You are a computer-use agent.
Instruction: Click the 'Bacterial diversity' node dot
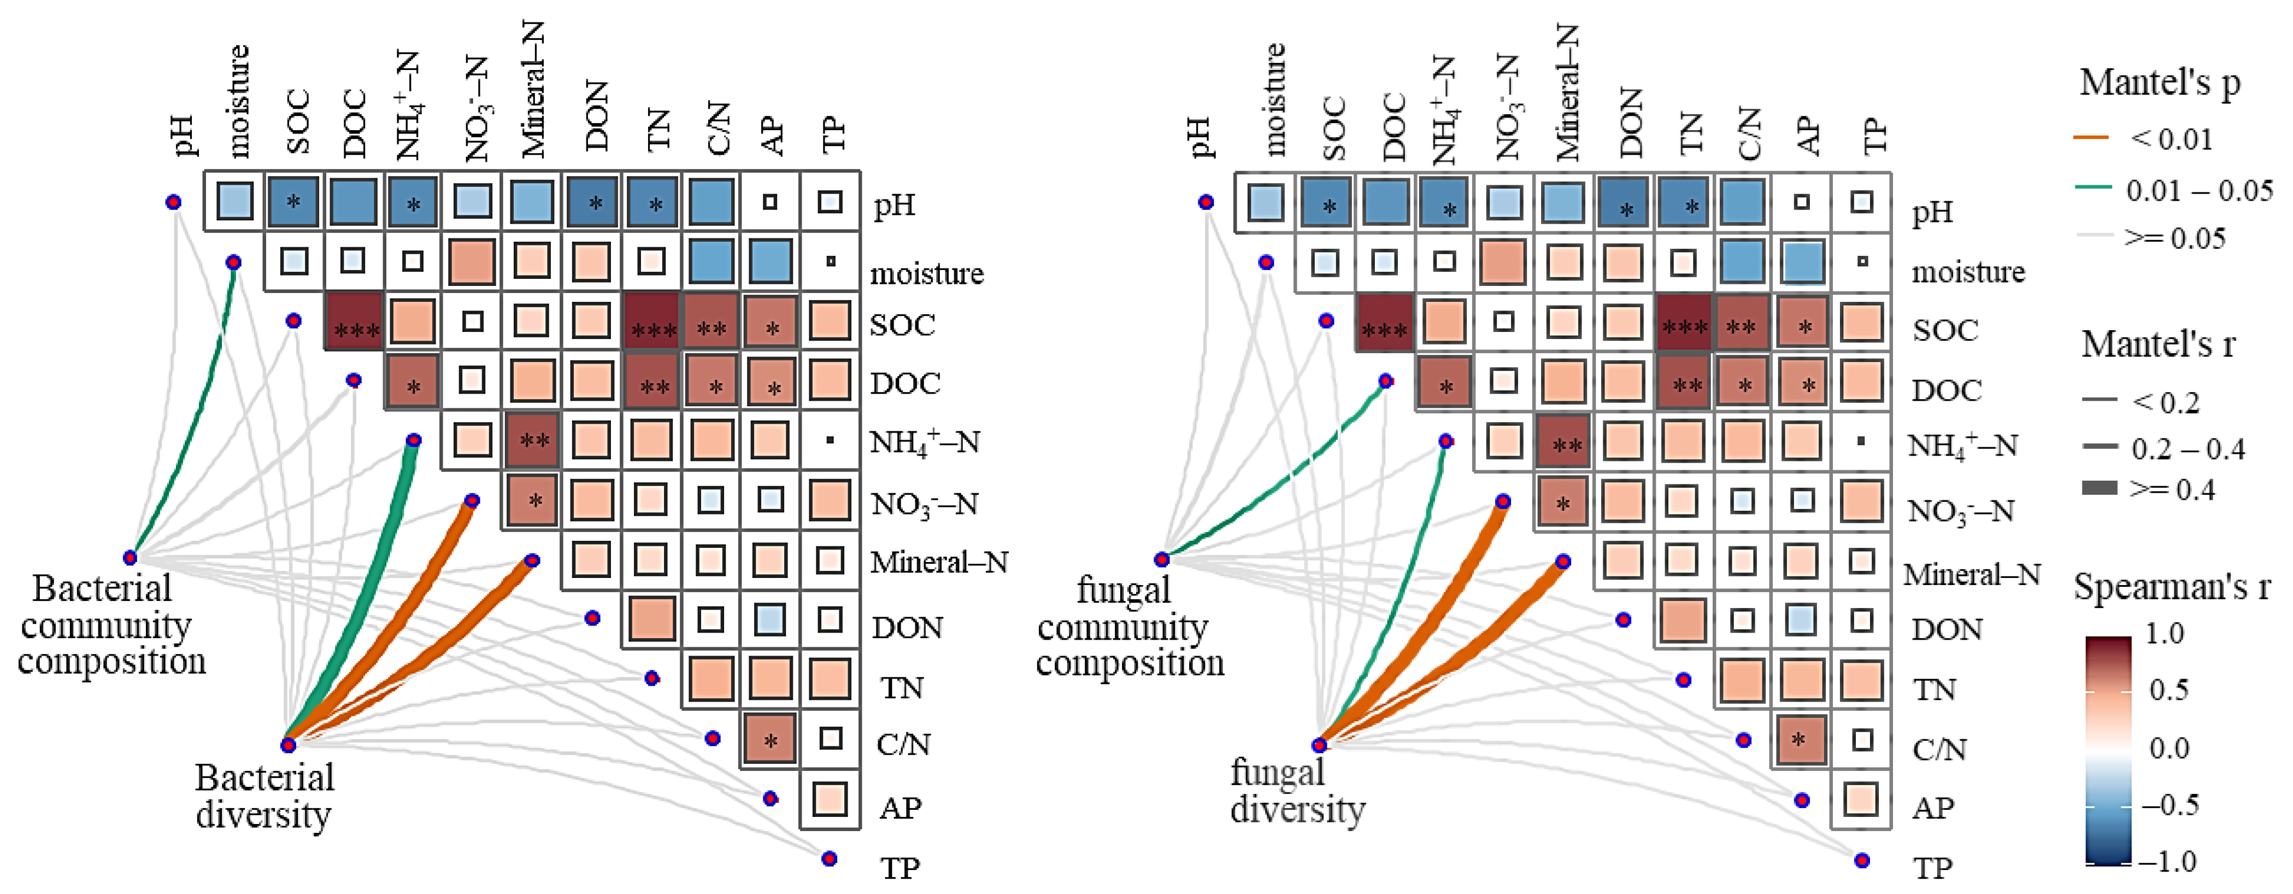pyautogui.click(x=287, y=744)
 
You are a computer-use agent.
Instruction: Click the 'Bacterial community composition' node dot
pyautogui.click(x=130, y=557)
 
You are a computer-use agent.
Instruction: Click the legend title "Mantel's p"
pyautogui.click(x=2160, y=83)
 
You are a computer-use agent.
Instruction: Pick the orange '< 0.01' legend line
pyautogui.click(x=2092, y=138)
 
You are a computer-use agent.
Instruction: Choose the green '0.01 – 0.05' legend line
pyautogui.click(x=2092, y=188)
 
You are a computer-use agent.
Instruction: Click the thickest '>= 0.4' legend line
pyautogui.click(x=2099, y=488)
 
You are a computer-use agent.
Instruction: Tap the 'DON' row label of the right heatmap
pyautogui.click(x=1947, y=629)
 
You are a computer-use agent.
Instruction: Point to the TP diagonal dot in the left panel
pyautogui.click(x=830, y=858)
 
